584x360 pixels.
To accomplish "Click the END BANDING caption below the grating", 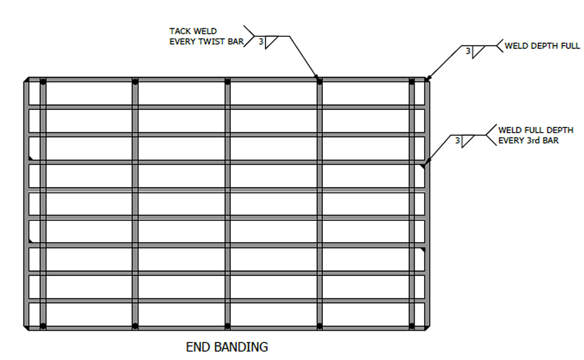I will [227, 347].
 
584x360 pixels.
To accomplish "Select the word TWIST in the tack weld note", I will [206, 41].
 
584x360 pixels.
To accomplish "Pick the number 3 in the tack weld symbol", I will [260, 41].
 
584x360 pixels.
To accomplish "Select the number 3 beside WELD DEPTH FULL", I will [468, 51].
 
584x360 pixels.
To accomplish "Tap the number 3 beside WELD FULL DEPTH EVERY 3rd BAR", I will [457, 140].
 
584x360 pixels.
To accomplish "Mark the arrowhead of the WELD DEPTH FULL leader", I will [427, 78].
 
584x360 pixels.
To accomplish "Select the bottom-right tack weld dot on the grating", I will [412, 325].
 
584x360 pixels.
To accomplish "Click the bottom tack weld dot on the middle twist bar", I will [227, 325].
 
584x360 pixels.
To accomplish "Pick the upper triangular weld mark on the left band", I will [30, 158].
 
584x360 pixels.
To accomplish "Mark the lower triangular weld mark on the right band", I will [423, 250].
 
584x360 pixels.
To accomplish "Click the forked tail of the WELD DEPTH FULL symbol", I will [499, 46].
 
